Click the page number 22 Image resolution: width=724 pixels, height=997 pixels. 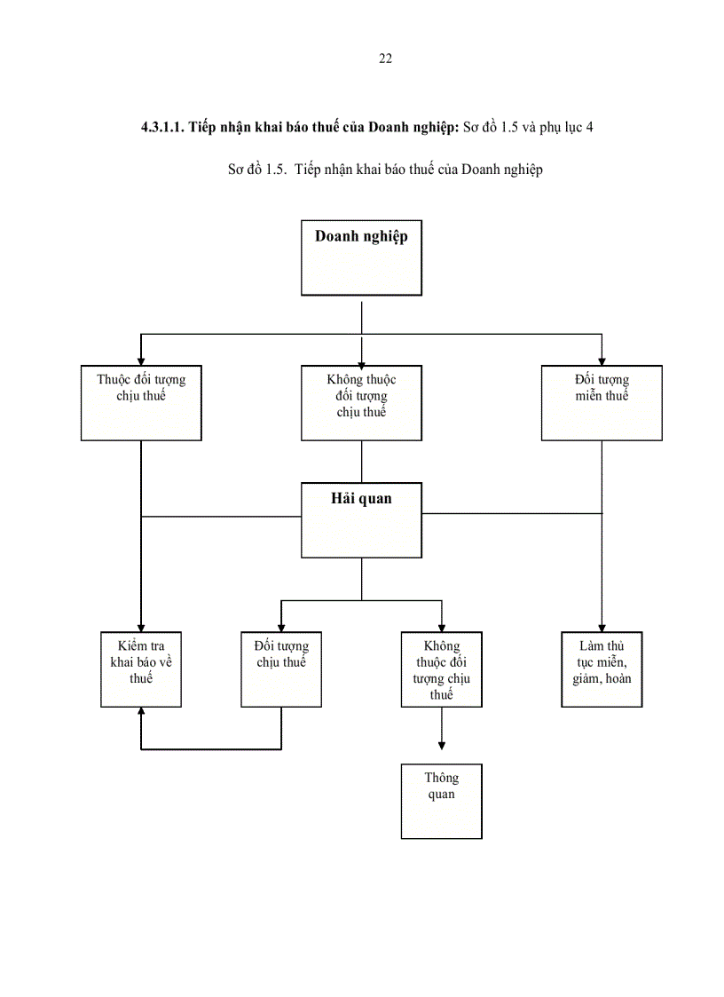point(385,59)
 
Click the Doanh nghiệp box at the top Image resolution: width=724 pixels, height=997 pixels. point(361,257)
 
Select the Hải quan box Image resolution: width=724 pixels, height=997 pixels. point(361,520)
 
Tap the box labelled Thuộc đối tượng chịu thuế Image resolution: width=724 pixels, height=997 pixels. point(141,402)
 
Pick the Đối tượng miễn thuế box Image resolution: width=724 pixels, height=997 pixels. point(602,402)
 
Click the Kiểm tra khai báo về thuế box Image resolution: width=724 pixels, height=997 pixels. point(141,669)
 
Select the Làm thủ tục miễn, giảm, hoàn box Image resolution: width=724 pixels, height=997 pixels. point(602,669)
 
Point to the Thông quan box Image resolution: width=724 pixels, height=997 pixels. point(441,801)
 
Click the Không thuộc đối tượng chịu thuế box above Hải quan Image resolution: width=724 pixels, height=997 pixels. point(361,402)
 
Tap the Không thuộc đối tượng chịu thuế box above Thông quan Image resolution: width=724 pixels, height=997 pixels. point(441,669)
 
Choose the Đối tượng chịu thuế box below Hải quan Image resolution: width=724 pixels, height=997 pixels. point(281,669)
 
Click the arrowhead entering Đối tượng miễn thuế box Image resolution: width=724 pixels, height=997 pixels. point(602,360)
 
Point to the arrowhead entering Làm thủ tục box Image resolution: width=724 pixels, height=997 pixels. point(602,626)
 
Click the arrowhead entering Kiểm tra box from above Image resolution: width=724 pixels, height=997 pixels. point(141,626)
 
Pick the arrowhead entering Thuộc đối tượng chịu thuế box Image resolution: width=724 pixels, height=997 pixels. point(141,360)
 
